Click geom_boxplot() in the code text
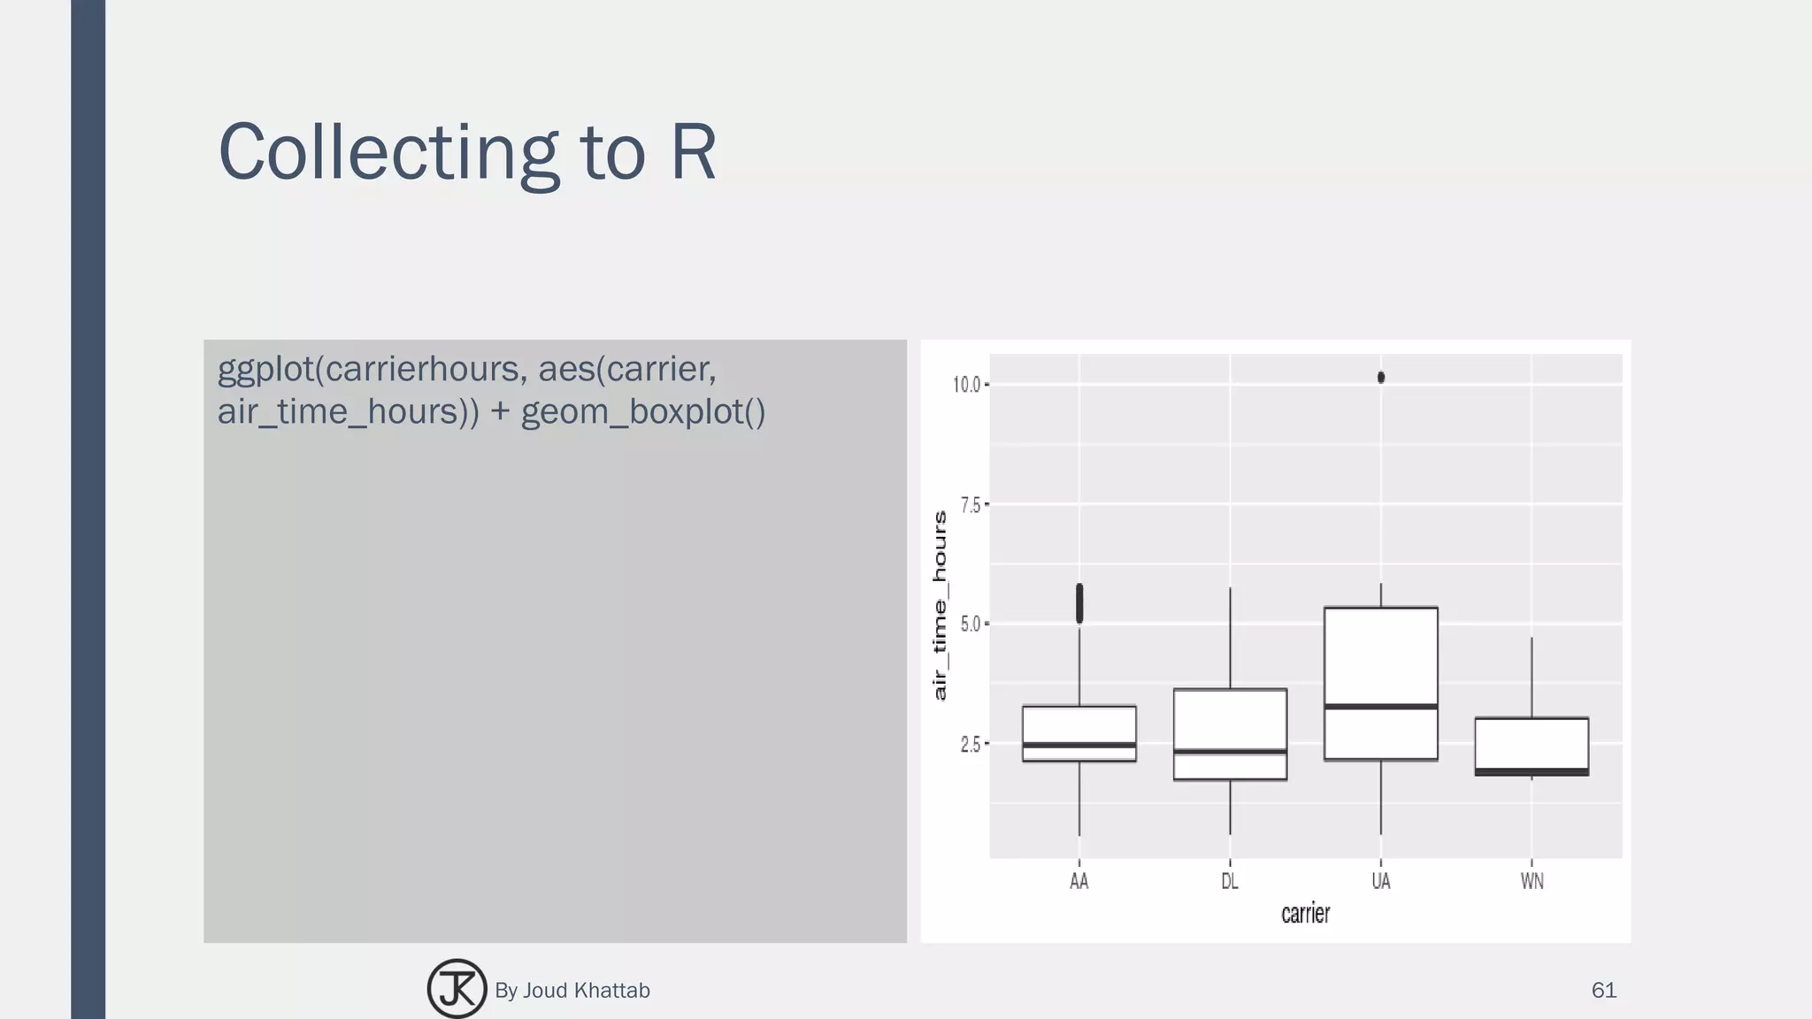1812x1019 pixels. (x=643, y=411)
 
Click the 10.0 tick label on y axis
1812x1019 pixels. (x=966, y=385)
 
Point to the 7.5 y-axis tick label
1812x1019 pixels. (x=971, y=505)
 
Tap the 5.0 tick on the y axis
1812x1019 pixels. (x=971, y=624)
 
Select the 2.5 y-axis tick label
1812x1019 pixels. (x=971, y=745)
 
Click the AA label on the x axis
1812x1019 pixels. (x=1079, y=881)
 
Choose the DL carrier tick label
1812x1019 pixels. (x=1230, y=881)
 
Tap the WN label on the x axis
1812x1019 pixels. (x=1532, y=881)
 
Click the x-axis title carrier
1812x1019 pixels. (x=1305, y=913)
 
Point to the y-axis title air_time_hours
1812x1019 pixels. (x=940, y=605)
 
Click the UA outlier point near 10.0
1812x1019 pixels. (x=1381, y=378)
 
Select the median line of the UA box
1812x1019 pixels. (x=1380, y=706)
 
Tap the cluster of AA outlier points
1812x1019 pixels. (x=1079, y=604)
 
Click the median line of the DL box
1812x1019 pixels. (x=1230, y=752)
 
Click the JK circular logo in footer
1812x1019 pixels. (x=457, y=989)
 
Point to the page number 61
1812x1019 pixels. (x=1603, y=990)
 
